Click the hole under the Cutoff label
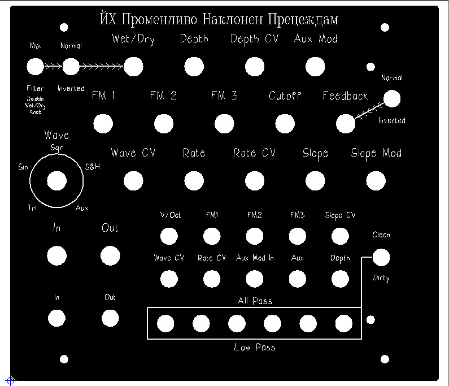click(285, 123)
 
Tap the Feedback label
click(345, 96)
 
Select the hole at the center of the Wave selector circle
click(56, 181)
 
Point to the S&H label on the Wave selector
click(93, 167)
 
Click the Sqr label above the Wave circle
click(56, 148)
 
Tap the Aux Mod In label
click(255, 258)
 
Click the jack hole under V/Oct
click(169, 236)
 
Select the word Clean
click(381, 235)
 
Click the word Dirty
click(381, 278)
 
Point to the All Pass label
click(255, 301)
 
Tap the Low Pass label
click(255, 347)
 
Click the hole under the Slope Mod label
click(376, 181)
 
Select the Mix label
click(35, 46)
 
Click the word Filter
click(35, 89)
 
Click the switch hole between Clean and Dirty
click(381, 258)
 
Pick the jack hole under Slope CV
click(340, 236)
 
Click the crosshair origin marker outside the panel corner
click(10, 380)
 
